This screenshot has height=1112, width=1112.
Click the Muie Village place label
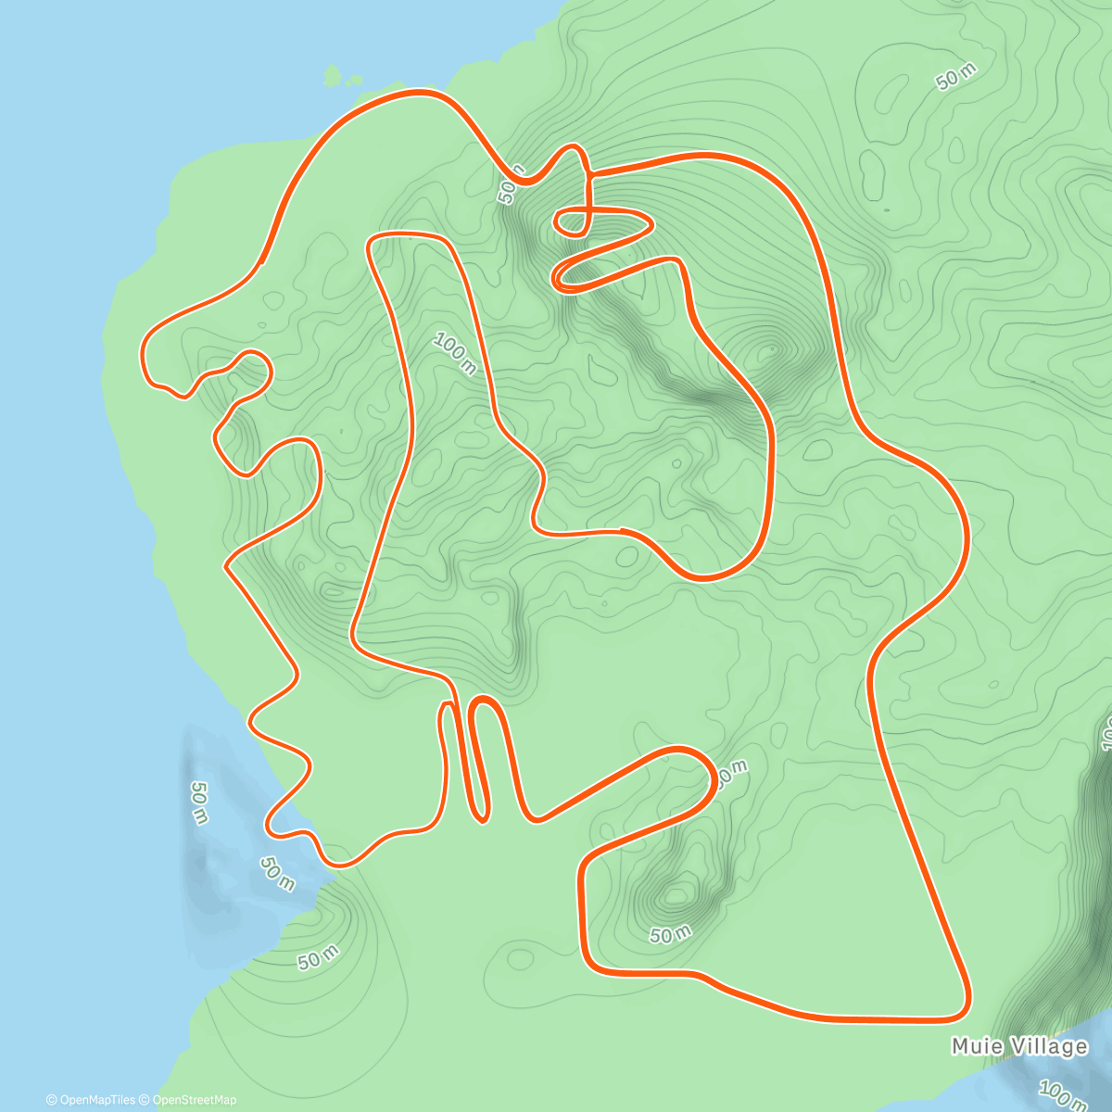(x=1019, y=1046)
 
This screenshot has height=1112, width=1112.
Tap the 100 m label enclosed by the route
(x=455, y=354)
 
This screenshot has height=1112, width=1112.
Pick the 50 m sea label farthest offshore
(x=199, y=802)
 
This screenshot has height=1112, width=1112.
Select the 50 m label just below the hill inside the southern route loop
(x=671, y=935)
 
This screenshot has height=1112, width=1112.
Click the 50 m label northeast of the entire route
(x=956, y=79)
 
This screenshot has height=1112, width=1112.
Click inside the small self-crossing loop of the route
(x=573, y=221)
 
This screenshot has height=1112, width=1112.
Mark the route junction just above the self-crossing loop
(x=588, y=173)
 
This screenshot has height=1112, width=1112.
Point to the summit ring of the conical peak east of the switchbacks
(x=768, y=352)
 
